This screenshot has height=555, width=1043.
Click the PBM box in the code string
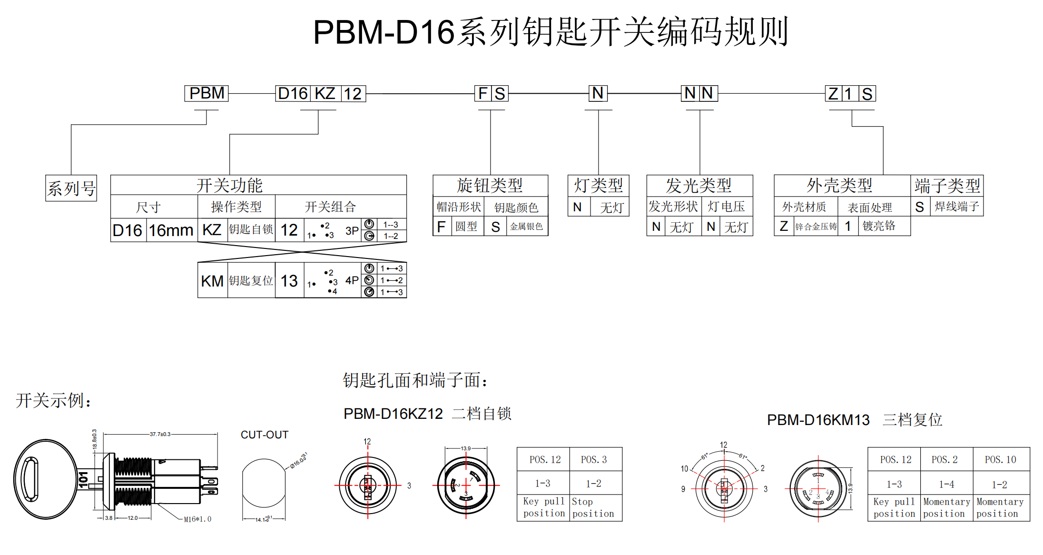[207, 93]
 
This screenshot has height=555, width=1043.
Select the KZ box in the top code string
[325, 93]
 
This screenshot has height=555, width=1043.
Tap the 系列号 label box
[71, 188]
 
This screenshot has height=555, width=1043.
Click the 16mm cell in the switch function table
[171, 230]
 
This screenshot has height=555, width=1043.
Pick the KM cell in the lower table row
[212, 281]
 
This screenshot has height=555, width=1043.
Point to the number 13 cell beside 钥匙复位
[289, 281]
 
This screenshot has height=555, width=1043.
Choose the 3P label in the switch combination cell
[352, 231]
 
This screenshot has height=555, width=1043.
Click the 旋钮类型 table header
[490, 185]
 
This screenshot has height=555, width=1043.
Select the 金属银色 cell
[526, 227]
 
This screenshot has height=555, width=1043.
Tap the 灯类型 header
[598, 185]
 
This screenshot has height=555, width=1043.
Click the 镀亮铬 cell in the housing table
[879, 226]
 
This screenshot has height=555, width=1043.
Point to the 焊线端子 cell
[956, 207]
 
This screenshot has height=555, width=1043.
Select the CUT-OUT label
[265, 435]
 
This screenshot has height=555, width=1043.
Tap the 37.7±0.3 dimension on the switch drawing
[160, 434]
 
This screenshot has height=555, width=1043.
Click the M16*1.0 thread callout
[197, 519]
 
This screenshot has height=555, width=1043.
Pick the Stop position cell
[593, 507]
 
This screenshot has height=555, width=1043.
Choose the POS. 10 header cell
[1000, 460]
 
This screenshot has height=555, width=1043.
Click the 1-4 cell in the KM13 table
[946, 485]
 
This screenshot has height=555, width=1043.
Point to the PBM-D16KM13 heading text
[818, 420]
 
